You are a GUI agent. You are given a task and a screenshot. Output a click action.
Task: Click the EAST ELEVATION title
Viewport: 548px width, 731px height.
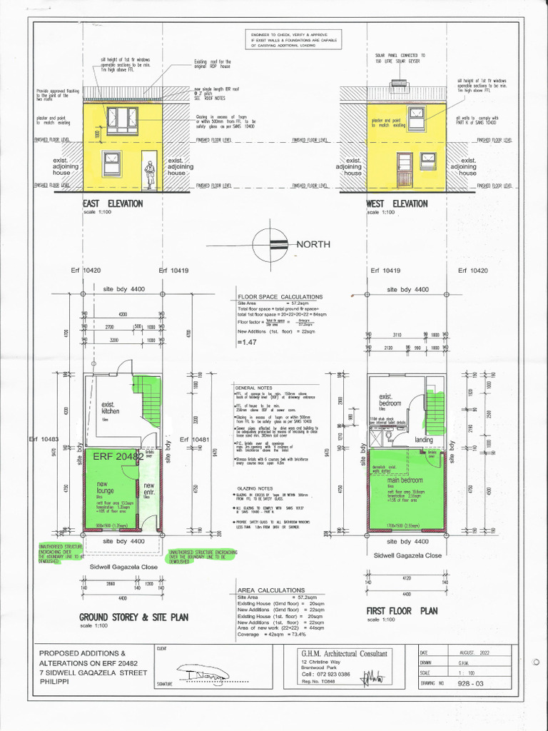click(x=113, y=203)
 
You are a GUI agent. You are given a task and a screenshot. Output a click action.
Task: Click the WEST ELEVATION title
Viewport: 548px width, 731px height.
click(x=396, y=203)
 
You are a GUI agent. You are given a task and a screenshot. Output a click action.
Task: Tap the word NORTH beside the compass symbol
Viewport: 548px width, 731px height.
click(x=313, y=244)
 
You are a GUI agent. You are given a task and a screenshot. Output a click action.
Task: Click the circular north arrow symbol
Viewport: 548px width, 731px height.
click(x=273, y=243)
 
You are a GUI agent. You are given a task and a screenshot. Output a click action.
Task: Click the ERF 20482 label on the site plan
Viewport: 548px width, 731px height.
click(x=118, y=456)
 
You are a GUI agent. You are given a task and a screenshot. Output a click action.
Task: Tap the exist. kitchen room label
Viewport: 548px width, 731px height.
click(x=111, y=408)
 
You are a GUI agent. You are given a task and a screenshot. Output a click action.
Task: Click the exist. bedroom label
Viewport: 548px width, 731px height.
click(x=391, y=400)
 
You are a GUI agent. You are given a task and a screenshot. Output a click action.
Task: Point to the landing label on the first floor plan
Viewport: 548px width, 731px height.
click(x=424, y=440)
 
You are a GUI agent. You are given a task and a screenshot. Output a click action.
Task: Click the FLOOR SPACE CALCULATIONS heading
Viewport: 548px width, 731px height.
click(x=280, y=297)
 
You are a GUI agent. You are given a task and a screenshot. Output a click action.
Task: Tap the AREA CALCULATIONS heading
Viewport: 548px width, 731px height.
click(x=270, y=590)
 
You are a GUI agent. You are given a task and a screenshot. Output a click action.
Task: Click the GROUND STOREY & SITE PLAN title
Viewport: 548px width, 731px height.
click(x=133, y=617)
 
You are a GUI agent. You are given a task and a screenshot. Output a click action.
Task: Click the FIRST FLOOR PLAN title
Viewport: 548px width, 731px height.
click(x=401, y=611)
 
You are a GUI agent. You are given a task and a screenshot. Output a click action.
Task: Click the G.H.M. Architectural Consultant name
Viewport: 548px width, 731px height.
click(x=345, y=653)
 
